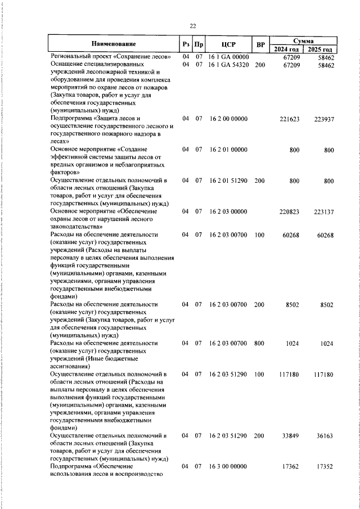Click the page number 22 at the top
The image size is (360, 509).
192,26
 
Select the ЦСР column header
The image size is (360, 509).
228,44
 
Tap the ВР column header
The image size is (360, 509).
260,44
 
